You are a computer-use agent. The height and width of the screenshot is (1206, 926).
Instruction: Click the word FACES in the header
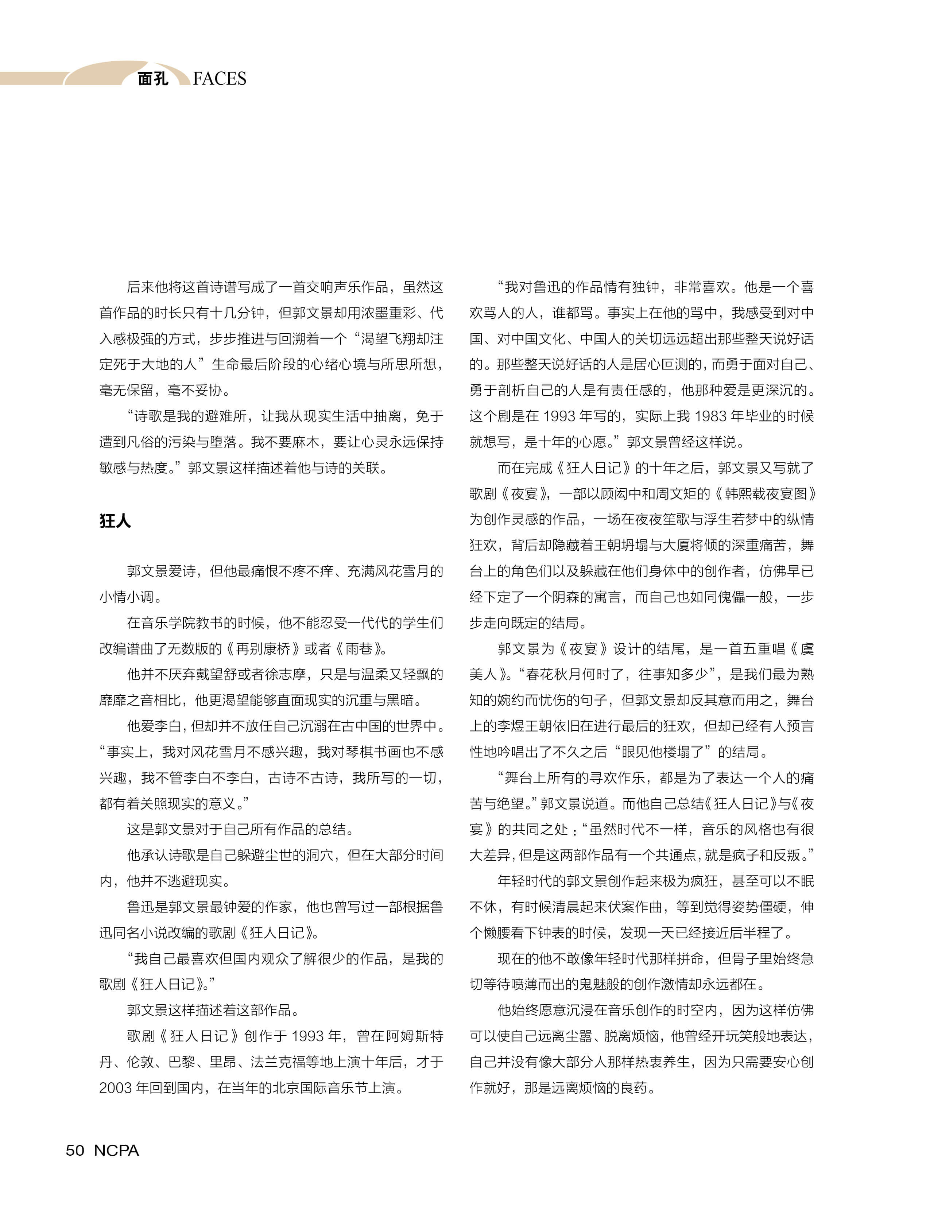pyautogui.click(x=220, y=79)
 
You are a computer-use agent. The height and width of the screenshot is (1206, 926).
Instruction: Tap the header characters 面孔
pyautogui.click(x=153, y=79)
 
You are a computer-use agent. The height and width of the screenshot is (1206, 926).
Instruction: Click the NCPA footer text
pyautogui.click(x=116, y=1150)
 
